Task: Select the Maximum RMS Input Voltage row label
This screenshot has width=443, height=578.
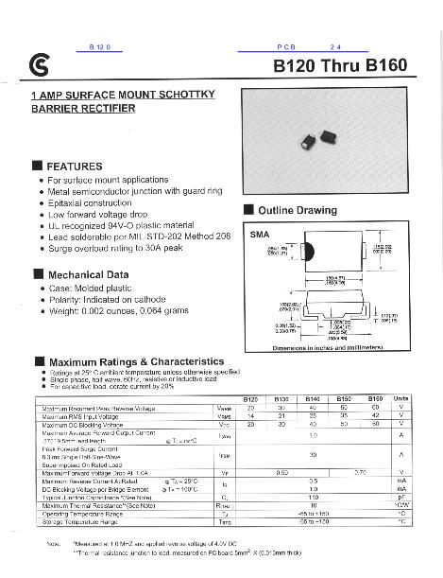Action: click(85, 415)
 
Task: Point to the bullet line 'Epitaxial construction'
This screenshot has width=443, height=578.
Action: click(96, 202)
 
